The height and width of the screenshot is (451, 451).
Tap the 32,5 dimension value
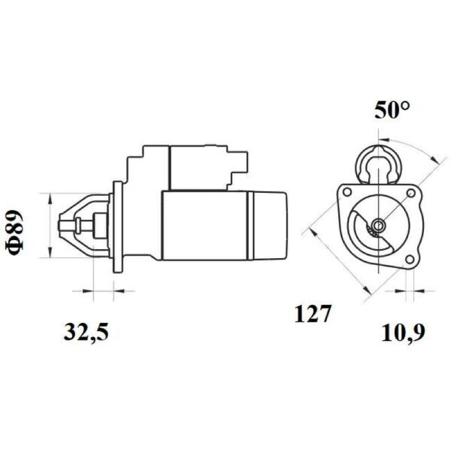coord(86,332)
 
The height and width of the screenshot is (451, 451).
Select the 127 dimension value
coord(312,313)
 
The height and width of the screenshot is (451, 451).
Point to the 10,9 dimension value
coord(403,333)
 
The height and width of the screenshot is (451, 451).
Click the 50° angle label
coord(392,110)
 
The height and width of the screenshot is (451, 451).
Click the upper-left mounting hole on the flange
coord(347,192)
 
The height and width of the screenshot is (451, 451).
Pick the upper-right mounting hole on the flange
coord(410,193)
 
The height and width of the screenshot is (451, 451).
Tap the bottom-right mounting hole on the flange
coord(409,259)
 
